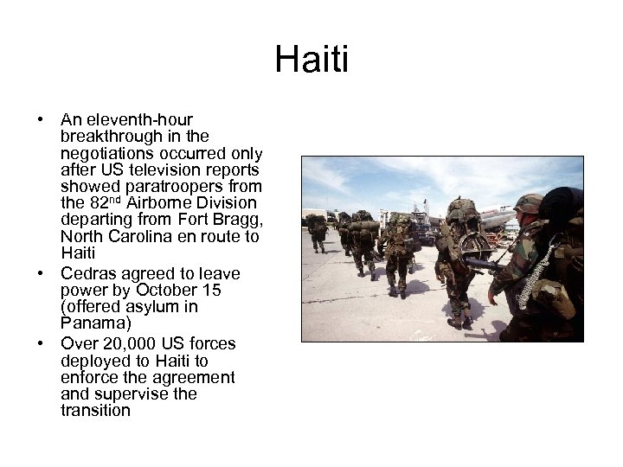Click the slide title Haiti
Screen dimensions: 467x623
(x=311, y=61)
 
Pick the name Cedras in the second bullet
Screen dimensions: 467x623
(x=87, y=272)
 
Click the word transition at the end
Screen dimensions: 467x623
(x=95, y=411)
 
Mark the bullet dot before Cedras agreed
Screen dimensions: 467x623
(x=41, y=273)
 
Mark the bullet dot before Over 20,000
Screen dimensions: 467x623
(x=41, y=343)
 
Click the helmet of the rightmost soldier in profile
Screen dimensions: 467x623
(x=528, y=203)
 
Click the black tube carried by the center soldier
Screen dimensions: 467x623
(x=481, y=264)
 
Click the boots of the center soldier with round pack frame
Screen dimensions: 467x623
(x=456, y=323)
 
